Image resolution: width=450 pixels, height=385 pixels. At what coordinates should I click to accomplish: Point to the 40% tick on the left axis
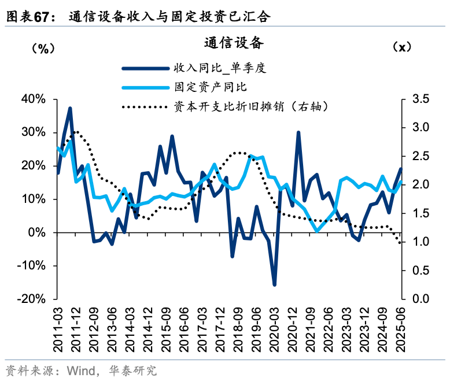pyautogui.click(x=33, y=99)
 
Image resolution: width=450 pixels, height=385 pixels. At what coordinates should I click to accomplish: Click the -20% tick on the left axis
pyautogui.click(x=31, y=299)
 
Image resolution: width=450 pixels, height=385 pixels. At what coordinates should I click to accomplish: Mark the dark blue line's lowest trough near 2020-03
pyautogui.click(x=274, y=284)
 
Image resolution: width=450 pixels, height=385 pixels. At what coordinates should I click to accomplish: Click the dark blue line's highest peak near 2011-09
pyautogui.click(x=70, y=108)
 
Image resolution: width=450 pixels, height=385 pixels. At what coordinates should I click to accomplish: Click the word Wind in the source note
pyautogui.click(x=81, y=370)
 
